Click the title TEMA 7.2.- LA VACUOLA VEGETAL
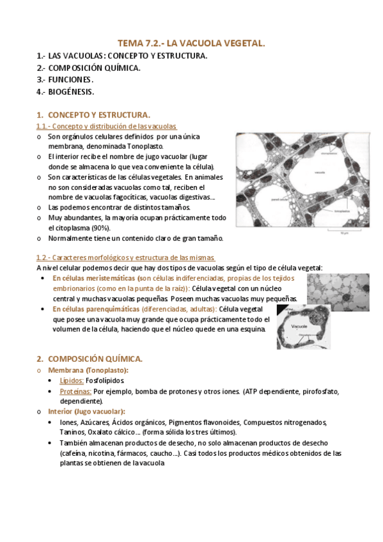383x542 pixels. point(191,43)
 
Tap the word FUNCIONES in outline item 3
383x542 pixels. point(70,80)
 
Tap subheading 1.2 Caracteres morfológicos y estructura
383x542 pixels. point(126,258)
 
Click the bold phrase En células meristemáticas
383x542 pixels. point(94,279)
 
